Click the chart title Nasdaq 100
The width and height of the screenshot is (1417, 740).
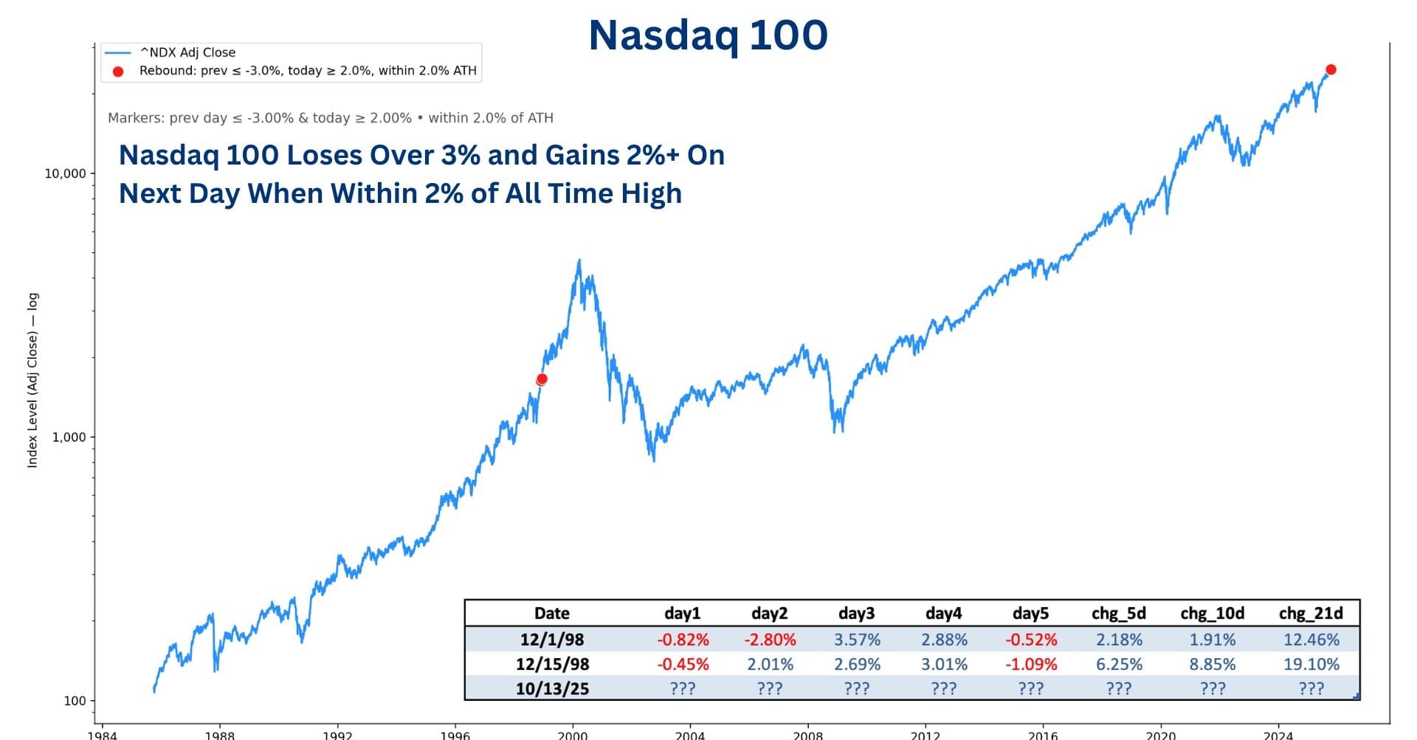[x=708, y=35]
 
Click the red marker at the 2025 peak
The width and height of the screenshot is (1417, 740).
[x=1331, y=69]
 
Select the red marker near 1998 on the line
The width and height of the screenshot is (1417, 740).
[x=542, y=379]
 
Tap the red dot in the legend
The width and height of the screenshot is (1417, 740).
[x=118, y=72]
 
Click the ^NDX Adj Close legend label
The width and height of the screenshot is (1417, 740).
[x=187, y=52]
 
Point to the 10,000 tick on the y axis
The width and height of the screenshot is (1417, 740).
[x=65, y=173]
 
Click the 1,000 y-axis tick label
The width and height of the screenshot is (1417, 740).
[x=69, y=437]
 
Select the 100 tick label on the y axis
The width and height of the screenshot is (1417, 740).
[x=75, y=701]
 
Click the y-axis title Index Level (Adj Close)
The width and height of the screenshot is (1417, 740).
[x=32, y=380]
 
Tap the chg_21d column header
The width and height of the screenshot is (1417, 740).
[x=1311, y=613]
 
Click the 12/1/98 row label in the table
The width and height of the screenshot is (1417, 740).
[x=552, y=640]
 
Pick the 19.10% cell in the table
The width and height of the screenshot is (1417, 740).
[x=1311, y=664]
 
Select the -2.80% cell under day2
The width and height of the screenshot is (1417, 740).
[x=770, y=640]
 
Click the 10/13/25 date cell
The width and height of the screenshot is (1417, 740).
[x=552, y=688]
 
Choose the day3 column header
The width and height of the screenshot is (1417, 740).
[x=856, y=613]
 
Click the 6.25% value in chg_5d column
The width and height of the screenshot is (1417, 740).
[x=1119, y=664]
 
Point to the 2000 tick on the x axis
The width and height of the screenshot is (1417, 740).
[x=573, y=735]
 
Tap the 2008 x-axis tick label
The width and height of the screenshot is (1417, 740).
[x=807, y=735]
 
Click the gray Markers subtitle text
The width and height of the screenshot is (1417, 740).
[x=330, y=118]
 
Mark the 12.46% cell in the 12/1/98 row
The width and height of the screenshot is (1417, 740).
[x=1311, y=640]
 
